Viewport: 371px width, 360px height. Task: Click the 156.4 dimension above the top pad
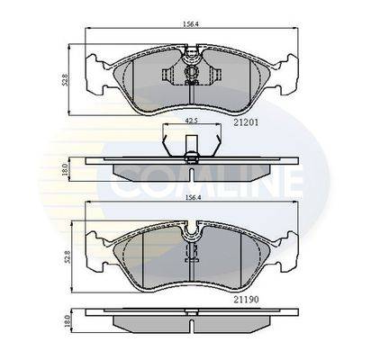[x=191, y=24]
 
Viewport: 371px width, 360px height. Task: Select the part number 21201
[x=246, y=122]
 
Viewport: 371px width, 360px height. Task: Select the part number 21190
[x=246, y=299]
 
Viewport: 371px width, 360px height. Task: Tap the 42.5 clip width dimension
[x=191, y=121]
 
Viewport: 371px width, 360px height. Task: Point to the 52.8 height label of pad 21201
[x=64, y=80]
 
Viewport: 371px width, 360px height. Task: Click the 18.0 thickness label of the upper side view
[x=64, y=170]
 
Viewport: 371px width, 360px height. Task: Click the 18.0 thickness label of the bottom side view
[x=67, y=321]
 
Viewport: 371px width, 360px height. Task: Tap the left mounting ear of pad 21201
[x=96, y=73]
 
